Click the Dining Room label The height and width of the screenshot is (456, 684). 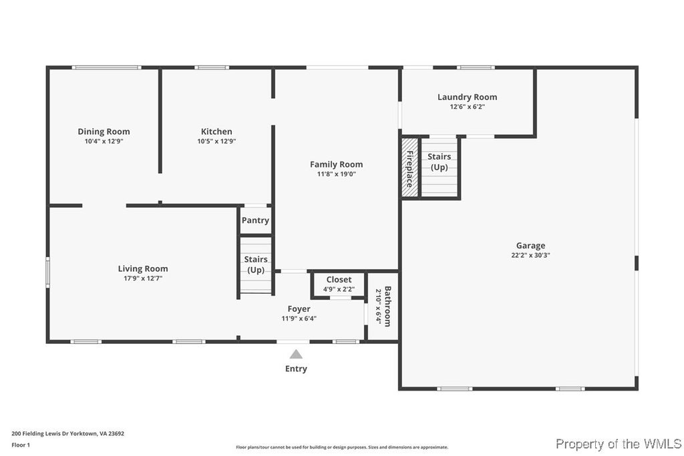pyautogui.click(x=104, y=132)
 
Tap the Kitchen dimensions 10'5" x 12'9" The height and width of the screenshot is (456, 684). pyautogui.click(x=216, y=142)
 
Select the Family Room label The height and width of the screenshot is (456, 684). pyautogui.click(x=336, y=164)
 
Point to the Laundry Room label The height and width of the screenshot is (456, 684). pyautogui.click(x=467, y=97)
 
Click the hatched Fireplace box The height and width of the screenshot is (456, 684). pyautogui.click(x=409, y=167)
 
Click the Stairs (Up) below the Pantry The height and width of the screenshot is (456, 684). pyautogui.click(x=256, y=264)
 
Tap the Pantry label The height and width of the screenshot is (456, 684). pyautogui.click(x=255, y=220)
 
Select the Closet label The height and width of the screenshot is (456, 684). pyautogui.click(x=339, y=280)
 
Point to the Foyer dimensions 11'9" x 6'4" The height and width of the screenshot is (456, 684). pyautogui.click(x=299, y=318)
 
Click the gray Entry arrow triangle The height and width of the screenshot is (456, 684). pyautogui.click(x=296, y=355)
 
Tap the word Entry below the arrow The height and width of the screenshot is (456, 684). pyautogui.click(x=296, y=369)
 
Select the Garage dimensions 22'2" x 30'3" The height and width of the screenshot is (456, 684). pyautogui.click(x=530, y=255)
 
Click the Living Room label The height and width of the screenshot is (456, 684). pyautogui.click(x=143, y=269)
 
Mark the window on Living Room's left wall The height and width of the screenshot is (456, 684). pyautogui.click(x=47, y=272)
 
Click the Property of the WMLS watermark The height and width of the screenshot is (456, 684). pyautogui.click(x=619, y=444)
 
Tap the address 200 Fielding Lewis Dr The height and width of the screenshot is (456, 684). pyautogui.click(x=67, y=433)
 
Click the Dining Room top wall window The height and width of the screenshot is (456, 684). pyautogui.click(x=106, y=67)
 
